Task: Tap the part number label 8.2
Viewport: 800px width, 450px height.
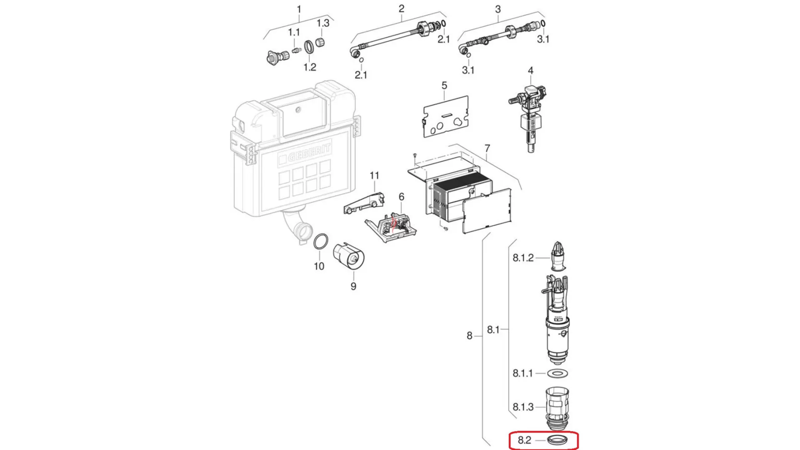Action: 524,440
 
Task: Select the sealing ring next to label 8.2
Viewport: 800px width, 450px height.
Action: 557,440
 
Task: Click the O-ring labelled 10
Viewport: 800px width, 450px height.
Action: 320,242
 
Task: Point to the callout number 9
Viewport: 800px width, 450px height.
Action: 353,286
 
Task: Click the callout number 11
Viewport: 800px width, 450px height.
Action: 374,176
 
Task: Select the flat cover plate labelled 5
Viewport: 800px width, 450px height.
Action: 445,117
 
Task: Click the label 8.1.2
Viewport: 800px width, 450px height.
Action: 523,258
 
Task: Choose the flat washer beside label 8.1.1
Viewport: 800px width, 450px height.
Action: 557,373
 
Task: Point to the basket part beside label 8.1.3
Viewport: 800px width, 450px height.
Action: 557,409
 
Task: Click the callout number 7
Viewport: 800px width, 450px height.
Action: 487,148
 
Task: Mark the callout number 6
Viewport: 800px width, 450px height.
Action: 401,197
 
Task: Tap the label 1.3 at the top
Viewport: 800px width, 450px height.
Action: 323,23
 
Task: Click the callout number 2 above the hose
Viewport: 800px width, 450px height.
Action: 401,8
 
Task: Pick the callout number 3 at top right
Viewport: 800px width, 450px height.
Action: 498,9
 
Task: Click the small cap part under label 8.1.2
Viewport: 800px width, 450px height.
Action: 558,256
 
